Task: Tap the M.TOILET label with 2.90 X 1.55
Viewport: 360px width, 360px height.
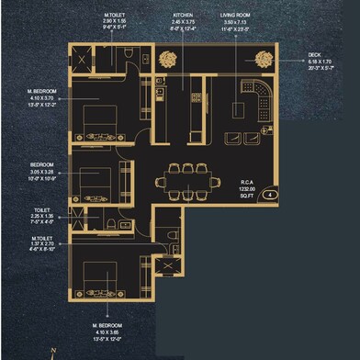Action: coord(115,17)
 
